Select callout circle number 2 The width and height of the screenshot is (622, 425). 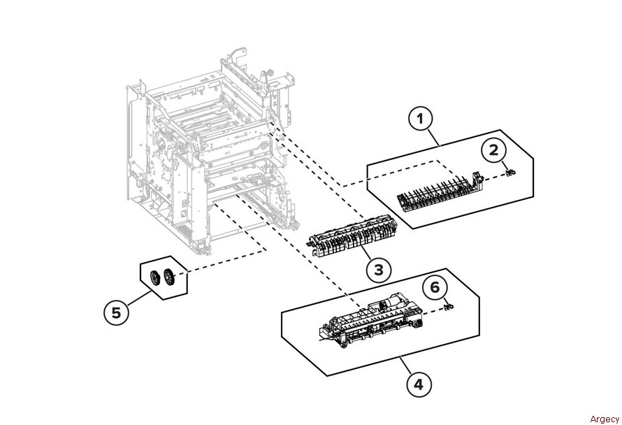click(x=493, y=149)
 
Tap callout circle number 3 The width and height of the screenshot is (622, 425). click(x=377, y=269)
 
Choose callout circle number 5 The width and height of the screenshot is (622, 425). click(x=117, y=312)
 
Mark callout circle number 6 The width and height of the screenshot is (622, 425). click(x=435, y=287)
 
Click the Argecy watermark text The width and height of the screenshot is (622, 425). click(x=604, y=419)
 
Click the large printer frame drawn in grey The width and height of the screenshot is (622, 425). click(x=206, y=154)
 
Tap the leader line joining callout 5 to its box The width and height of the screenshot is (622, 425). click(x=137, y=301)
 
